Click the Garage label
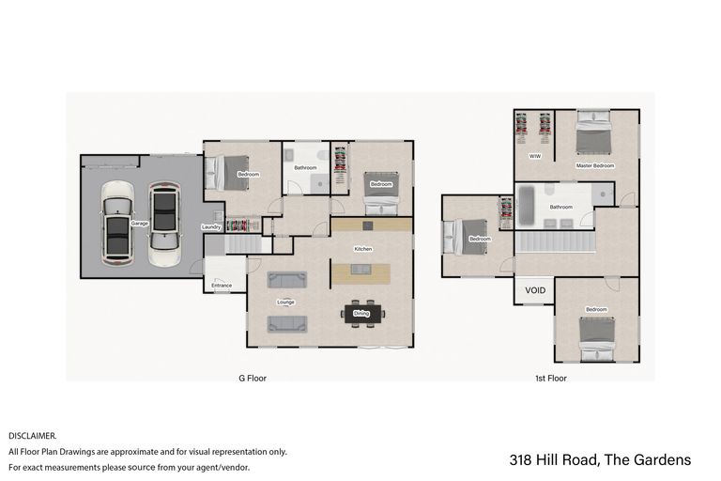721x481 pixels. pyautogui.click(x=140, y=224)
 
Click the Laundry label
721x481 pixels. pyautogui.click(x=211, y=227)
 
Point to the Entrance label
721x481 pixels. pyautogui.click(x=222, y=286)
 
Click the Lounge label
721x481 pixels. pyautogui.click(x=286, y=303)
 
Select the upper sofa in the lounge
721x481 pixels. pyautogui.click(x=286, y=279)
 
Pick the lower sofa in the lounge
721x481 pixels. pyautogui.click(x=286, y=323)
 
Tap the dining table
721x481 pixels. pyautogui.click(x=361, y=314)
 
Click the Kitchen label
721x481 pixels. pyautogui.click(x=363, y=249)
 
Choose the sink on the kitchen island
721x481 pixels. pyautogui.click(x=361, y=271)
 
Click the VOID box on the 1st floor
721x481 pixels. pyautogui.click(x=535, y=290)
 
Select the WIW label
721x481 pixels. pyautogui.click(x=534, y=156)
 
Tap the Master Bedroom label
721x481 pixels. pyautogui.click(x=594, y=165)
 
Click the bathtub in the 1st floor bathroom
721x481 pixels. pyautogui.click(x=526, y=205)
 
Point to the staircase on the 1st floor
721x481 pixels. pyautogui.click(x=555, y=241)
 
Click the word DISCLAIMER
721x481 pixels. pyautogui.click(x=33, y=436)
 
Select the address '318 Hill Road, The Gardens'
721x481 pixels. pyautogui.click(x=600, y=459)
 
